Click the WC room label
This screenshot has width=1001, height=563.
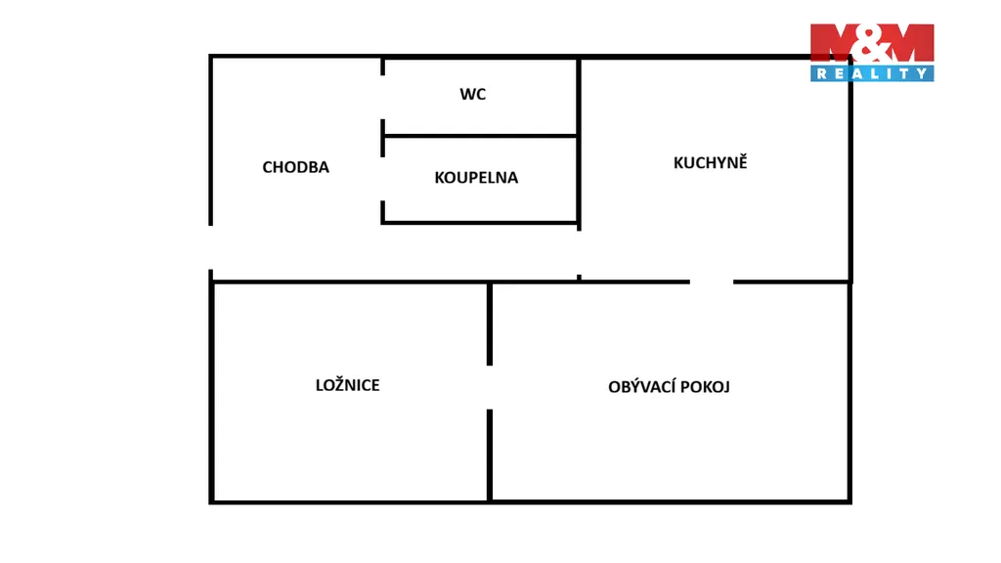click(473, 95)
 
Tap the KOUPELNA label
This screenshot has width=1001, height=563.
click(476, 178)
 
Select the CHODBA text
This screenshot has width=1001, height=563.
click(295, 167)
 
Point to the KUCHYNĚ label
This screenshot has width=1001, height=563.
click(710, 162)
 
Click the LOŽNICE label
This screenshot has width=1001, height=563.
click(347, 385)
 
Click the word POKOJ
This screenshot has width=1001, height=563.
click(705, 386)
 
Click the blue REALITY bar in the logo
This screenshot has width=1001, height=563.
click(871, 73)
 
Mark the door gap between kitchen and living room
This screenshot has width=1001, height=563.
click(712, 281)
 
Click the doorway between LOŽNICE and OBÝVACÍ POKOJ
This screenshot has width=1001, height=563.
click(490, 387)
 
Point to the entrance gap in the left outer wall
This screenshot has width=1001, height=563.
click(210, 248)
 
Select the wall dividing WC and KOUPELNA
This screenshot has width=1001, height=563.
click(479, 136)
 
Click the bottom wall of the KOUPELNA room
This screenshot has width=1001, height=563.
click(479, 223)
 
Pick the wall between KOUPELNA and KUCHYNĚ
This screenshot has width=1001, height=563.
click(579, 180)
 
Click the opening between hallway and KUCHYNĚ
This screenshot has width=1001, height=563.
click(579, 252)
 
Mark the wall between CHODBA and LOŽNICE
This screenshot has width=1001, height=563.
click(350, 282)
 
